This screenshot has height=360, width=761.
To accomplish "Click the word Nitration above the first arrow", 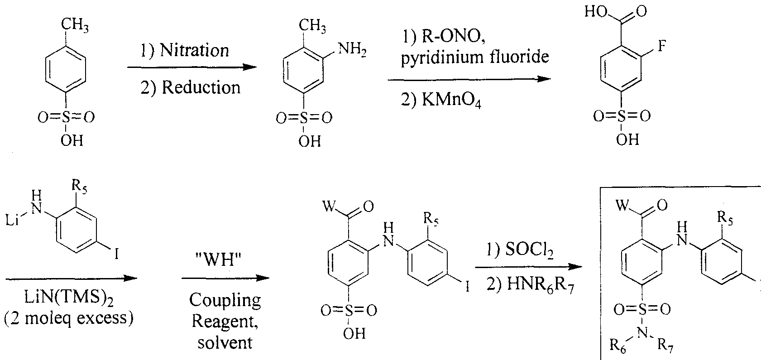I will click(x=194, y=50).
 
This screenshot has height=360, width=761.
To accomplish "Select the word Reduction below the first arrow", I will click(x=201, y=87).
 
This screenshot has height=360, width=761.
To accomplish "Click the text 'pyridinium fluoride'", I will click(x=475, y=58).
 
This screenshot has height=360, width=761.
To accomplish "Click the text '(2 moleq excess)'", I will click(x=69, y=319).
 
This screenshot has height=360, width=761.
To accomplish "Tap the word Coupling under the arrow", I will click(x=225, y=300).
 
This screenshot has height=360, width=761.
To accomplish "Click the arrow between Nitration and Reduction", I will click(x=190, y=68).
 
